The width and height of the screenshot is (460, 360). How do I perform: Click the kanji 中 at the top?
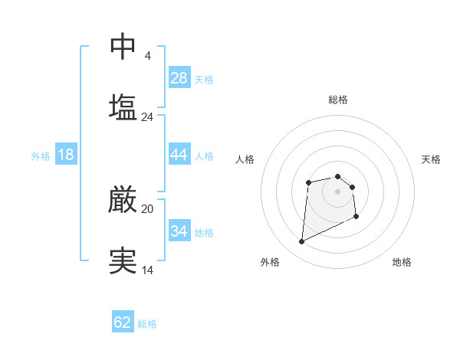(123, 46)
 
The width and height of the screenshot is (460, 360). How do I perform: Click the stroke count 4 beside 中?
(147, 56)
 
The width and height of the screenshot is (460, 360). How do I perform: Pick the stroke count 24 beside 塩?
(147, 117)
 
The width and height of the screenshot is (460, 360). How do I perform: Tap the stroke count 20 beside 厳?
(147, 208)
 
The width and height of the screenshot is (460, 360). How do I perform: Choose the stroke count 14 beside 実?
(147, 270)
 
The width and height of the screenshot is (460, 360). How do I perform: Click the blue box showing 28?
(179, 78)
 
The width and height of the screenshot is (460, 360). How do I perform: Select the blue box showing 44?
(179, 155)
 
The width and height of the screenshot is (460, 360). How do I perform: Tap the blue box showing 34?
(179, 231)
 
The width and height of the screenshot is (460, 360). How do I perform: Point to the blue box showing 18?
(66, 155)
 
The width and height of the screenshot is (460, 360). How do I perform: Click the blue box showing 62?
(123, 322)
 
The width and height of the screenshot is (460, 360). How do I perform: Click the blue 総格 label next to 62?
(147, 324)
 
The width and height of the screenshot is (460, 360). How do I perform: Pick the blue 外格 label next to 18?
(41, 156)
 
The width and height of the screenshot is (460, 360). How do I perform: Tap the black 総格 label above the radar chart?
(338, 100)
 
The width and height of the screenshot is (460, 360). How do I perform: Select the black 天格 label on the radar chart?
(432, 159)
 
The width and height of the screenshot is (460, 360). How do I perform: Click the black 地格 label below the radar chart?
(402, 262)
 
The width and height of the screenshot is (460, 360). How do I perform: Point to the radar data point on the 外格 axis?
(301, 242)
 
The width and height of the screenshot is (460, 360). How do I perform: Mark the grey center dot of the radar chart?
(338, 191)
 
